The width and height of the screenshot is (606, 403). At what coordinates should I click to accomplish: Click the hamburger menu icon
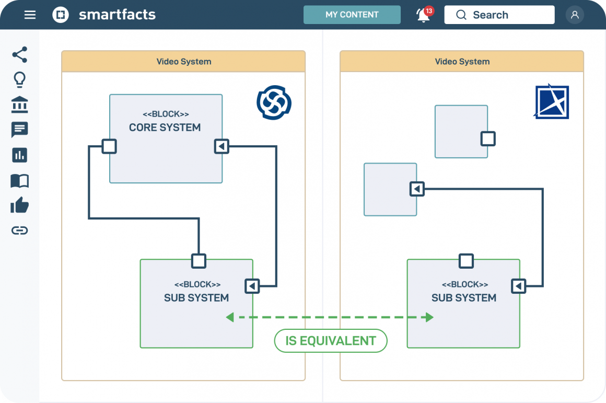30,15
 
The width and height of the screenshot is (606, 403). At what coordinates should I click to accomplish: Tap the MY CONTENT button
352,15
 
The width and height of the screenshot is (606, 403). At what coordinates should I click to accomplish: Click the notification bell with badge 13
424,15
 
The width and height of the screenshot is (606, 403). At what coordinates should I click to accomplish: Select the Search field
499,15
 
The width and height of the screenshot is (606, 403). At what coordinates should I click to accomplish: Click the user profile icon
575,15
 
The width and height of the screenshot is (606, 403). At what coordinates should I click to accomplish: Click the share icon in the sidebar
19,55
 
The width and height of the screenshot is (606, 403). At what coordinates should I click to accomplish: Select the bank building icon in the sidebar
19,105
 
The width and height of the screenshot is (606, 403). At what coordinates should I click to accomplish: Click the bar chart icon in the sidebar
19,155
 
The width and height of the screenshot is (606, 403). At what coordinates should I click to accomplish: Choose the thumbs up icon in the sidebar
19,205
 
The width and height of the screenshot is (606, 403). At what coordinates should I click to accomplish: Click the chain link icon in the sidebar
19,231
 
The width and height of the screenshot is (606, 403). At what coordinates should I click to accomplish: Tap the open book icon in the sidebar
19,181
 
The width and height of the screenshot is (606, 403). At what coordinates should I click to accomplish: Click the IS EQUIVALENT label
331,341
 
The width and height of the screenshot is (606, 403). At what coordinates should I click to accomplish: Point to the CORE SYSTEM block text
165,128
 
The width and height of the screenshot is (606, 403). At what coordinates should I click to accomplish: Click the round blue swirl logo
274,102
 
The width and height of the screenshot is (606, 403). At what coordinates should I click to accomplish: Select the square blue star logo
552,102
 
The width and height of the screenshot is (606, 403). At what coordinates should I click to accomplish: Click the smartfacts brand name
117,15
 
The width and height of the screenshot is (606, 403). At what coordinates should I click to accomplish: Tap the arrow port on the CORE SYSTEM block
222,146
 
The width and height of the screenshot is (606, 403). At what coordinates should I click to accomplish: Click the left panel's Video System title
184,62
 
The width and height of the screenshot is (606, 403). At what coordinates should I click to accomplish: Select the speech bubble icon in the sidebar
19,130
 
